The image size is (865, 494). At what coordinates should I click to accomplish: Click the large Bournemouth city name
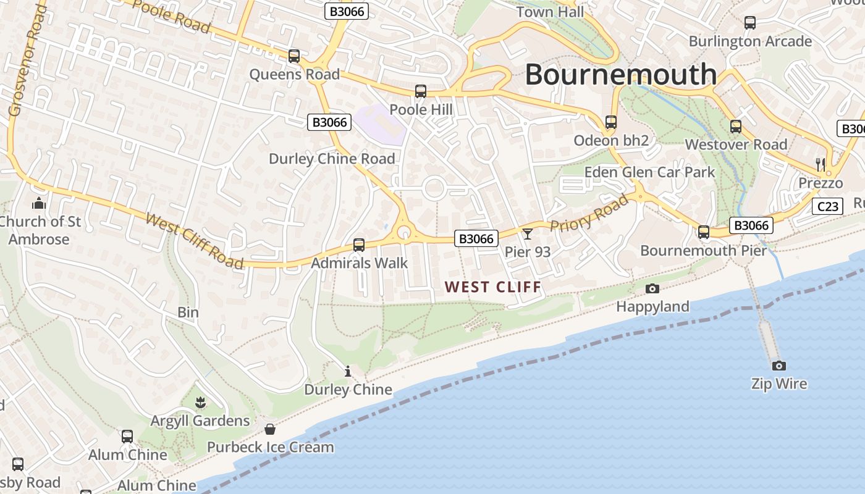(x=620, y=75)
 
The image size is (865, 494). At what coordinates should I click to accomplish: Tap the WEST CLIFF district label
(x=492, y=287)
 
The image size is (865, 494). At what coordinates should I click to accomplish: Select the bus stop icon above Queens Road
(x=294, y=56)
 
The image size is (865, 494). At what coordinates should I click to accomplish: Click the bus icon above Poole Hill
(x=421, y=91)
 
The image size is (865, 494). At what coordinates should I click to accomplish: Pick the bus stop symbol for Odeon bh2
(x=611, y=122)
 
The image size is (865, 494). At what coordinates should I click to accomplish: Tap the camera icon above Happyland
(x=652, y=288)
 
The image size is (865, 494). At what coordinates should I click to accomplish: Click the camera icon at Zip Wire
(x=778, y=366)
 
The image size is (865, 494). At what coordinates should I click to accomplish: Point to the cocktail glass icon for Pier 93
(x=527, y=233)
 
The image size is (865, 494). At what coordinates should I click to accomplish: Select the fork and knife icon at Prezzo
(x=821, y=164)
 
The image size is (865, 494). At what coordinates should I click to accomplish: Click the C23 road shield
(x=827, y=206)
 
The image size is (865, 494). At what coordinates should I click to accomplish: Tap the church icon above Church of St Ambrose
(x=39, y=203)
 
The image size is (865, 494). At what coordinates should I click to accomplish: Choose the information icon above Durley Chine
(x=348, y=371)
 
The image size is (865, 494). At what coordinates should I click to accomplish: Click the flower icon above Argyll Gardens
(x=200, y=403)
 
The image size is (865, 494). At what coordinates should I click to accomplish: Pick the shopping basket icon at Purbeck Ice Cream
(x=270, y=429)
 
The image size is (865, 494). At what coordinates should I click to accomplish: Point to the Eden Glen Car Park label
(x=649, y=172)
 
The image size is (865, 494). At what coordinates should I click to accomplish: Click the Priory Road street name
(x=589, y=214)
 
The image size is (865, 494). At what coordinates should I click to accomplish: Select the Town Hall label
(x=550, y=12)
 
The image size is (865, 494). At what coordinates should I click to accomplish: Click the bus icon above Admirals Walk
(x=359, y=245)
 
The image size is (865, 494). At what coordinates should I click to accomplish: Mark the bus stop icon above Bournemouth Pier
(x=704, y=232)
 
